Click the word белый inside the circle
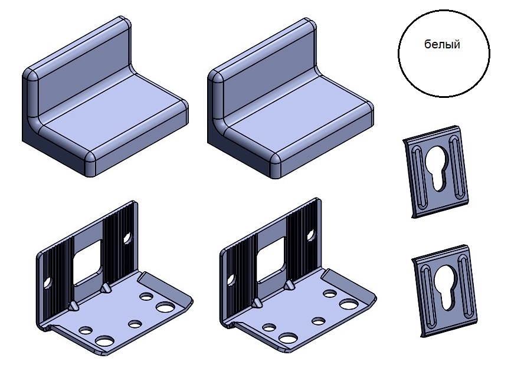click(442, 44)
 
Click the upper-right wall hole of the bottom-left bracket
click(127, 238)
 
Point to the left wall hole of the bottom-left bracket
click(48, 282)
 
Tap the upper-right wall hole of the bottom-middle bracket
click(311, 235)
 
